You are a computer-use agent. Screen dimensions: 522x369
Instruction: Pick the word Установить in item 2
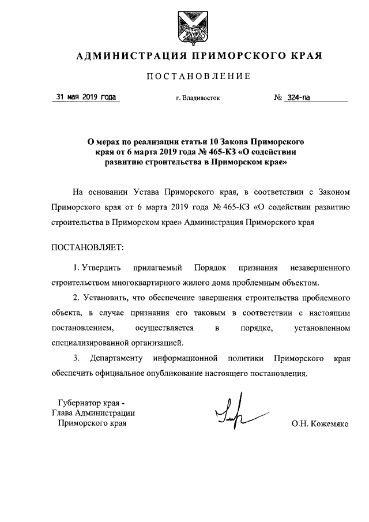(x=104, y=298)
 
